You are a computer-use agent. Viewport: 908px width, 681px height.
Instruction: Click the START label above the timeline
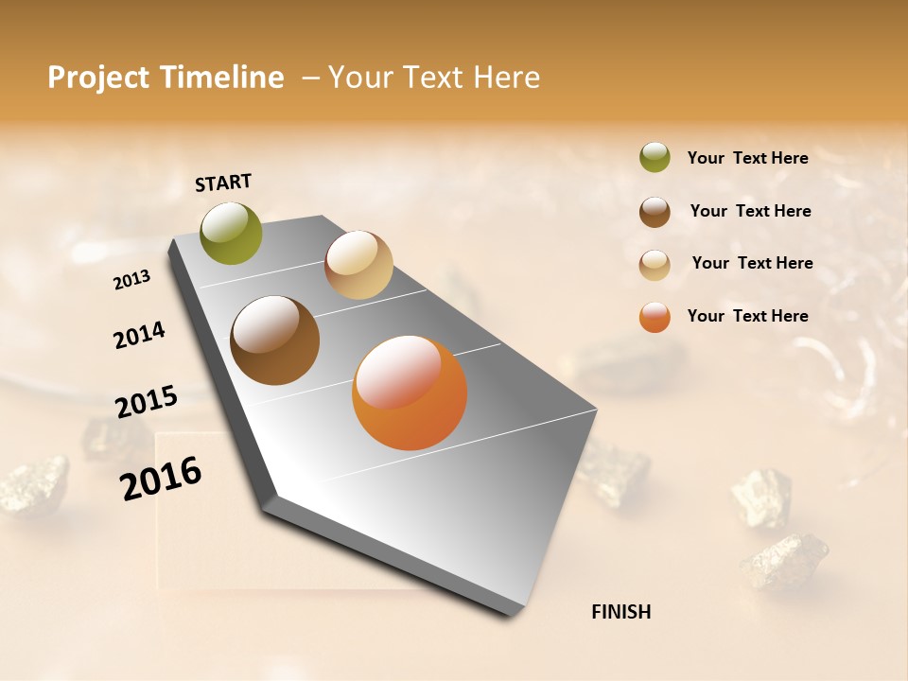(223, 183)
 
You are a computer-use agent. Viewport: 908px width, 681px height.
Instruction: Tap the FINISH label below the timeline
(621, 612)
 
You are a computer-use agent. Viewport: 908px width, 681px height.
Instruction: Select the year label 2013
(132, 280)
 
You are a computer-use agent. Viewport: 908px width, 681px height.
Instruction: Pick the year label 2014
(140, 336)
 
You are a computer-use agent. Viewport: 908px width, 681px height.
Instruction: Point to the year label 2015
(147, 402)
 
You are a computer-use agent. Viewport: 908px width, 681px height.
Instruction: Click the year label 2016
(161, 479)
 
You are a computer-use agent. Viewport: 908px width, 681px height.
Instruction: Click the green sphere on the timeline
(232, 234)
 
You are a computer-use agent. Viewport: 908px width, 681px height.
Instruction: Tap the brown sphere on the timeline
(274, 340)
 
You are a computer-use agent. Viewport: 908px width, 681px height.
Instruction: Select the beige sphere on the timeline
(358, 265)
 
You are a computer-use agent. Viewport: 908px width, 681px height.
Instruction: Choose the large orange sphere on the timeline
(410, 393)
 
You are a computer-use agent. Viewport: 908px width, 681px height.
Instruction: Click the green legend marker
(655, 158)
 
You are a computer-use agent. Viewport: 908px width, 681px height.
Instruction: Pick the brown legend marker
(655, 212)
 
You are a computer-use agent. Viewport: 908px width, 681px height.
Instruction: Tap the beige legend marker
(655, 265)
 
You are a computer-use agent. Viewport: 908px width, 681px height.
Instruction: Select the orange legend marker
(655, 317)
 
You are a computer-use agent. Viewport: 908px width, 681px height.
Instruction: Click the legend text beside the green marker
(747, 158)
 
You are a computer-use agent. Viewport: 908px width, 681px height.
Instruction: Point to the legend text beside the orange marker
(747, 316)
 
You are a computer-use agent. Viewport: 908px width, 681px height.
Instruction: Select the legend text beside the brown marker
(750, 211)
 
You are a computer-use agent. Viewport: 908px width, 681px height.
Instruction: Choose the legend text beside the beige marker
(752, 263)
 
